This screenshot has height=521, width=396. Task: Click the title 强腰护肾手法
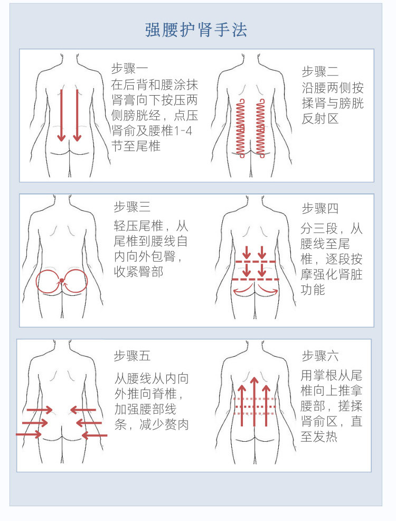[196, 30]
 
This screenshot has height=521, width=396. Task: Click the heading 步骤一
[130, 69]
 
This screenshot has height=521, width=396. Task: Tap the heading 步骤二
[320, 72]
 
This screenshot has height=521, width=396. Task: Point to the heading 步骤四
[320, 208]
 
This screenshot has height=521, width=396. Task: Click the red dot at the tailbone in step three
[62, 280]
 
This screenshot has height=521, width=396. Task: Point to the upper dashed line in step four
[255, 262]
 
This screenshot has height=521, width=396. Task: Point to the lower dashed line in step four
[255, 279]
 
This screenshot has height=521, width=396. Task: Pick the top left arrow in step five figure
[40, 410]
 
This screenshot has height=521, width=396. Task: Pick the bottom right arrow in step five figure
[94, 435]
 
